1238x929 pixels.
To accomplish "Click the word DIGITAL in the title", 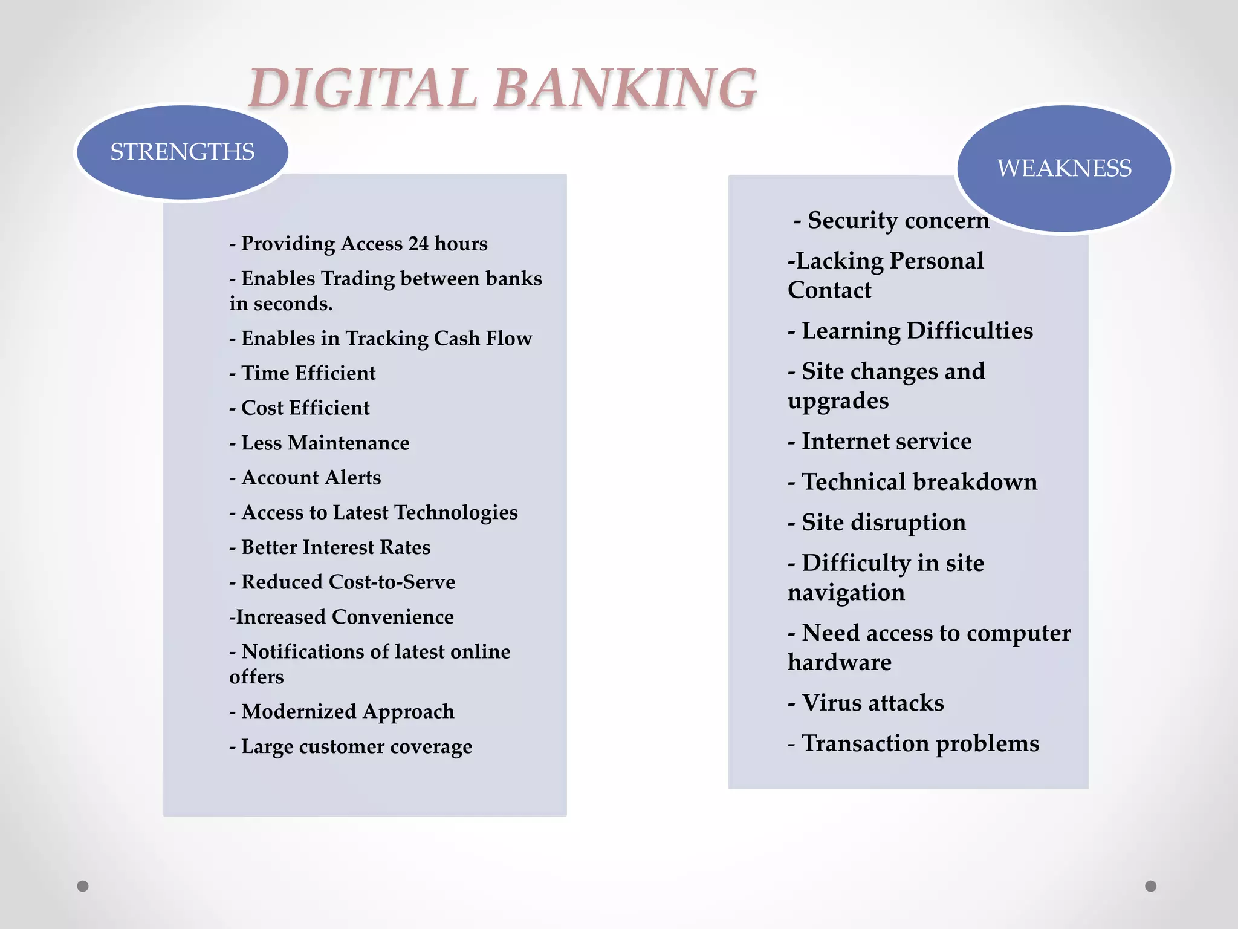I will pos(363,88).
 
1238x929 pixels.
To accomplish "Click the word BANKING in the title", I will pos(626,88).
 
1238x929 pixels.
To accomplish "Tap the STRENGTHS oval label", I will pos(182,152).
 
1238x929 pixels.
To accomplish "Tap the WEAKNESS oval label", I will pos(1064,168).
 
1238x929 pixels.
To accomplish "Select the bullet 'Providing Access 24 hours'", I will pos(358,244).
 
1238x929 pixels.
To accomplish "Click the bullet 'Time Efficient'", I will pos(302,373).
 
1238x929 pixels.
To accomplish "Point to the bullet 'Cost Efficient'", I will pos(299,408).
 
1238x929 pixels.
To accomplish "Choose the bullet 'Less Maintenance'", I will pos(319,443).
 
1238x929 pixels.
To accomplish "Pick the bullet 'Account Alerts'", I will pos(305,478).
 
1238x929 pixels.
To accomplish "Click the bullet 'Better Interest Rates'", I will pos(330,547).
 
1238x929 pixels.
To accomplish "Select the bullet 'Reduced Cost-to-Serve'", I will pos(342,582).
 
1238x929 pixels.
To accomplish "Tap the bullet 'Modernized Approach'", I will pos(342,712).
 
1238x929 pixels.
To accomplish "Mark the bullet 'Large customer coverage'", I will pos(351,747).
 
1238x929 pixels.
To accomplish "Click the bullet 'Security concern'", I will pos(891,221).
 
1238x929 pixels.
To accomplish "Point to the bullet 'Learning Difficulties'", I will pos(910,331).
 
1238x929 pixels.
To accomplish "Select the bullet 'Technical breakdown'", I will pos(913,483).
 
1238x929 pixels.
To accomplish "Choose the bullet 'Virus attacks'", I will pos(866,703).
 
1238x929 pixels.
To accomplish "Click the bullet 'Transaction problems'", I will pos(913,744).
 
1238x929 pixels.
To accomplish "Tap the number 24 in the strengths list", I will pos(418,244).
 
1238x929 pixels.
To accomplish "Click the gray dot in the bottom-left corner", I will pos(83,886).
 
